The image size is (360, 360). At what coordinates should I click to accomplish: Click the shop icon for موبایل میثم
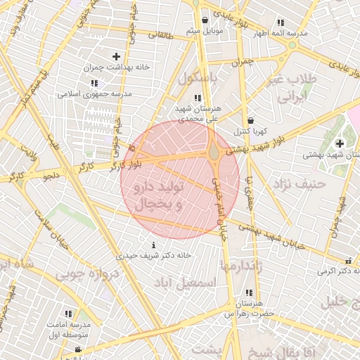(x=205, y=20)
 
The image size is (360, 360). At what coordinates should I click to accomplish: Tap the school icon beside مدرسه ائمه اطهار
(x=281, y=22)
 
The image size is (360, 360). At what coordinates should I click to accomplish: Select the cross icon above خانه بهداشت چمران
(x=116, y=56)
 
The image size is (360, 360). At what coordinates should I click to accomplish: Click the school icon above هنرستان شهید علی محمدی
(x=198, y=98)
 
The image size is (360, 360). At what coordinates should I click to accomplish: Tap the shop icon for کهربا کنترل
(x=251, y=120)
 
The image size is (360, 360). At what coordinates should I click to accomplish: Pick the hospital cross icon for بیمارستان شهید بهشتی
(x=340, y=143)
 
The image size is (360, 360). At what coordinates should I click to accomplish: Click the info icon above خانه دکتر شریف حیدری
(x=154, y=245)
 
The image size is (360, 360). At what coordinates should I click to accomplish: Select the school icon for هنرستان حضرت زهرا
(x=249, y=292)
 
